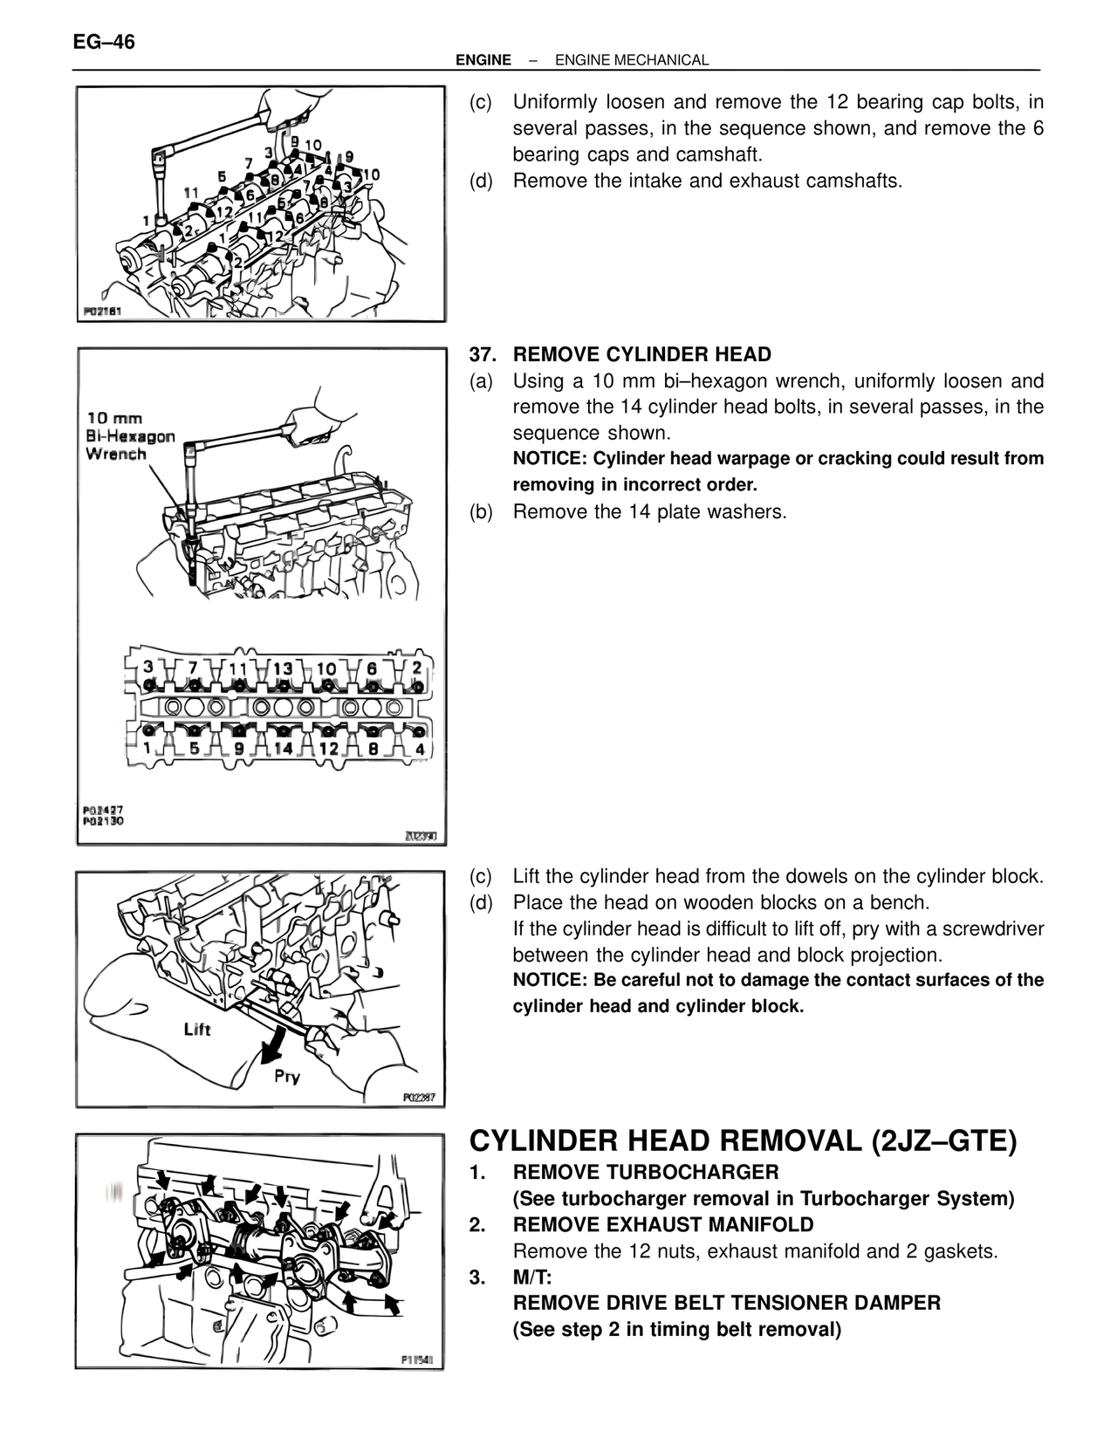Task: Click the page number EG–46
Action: [x=104, y=42]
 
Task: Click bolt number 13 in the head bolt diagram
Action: [x=283, y=669]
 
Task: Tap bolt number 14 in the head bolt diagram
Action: [x=283, y=748]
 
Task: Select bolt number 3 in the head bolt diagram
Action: [x=149, y=668]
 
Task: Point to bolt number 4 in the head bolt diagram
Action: [x=420, y=748]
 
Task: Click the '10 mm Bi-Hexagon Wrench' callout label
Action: [x=129, y=436]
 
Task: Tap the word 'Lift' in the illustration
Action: [x=197, y=1030]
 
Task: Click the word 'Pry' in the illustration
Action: [x=286, y=1076]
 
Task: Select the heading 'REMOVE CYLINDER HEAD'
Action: [x=642, y=355]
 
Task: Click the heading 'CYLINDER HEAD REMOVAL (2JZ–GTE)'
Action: [x=743, y=1141]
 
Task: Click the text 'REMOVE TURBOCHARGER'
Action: [x=646, y=1172]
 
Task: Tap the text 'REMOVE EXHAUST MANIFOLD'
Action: [x=663, y=1225]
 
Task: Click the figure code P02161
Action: [x=102, y=312]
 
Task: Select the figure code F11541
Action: [x=421, y=1359]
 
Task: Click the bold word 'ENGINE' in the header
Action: [x=483, y=60]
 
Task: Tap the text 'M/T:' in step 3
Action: [x=532, y=1277]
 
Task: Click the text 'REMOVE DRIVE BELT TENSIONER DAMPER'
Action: [x=727, y=1304]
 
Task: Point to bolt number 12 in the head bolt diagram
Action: [x=328, y=748]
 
